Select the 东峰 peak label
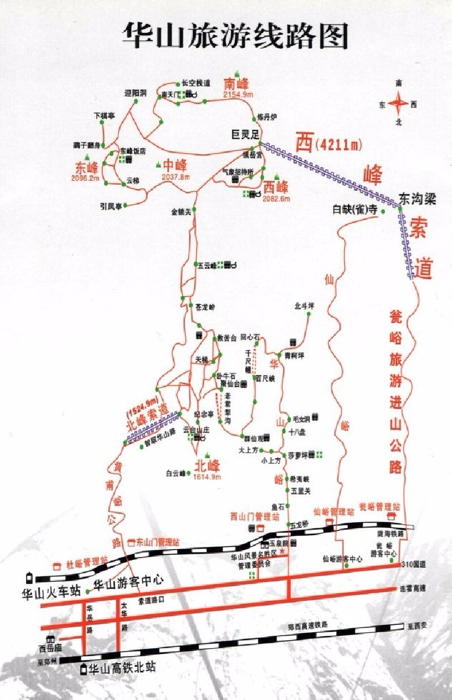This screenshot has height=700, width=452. pyautogui.click(x=86, y=168)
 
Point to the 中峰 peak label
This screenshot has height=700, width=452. pyautogui.click(x=175, y=166)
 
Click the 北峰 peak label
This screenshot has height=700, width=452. pyautogui.click(x=206, y=466)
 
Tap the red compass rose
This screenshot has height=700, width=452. pyautogui.click(x=399, y=103)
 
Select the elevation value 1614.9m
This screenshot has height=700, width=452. pyautogui.click(x=207, y=477)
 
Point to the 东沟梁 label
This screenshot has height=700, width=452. pyautogui.click(x=418, y=199)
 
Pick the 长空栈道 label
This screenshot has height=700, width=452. pyautogui.click(x=196, y=82)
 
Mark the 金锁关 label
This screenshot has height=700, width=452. pyautogui.click(x=181, y=212)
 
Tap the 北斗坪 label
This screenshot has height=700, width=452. pyautogui.click(x=304, y=306)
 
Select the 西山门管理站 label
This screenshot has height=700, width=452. pyautogui.click(x=255, y=516)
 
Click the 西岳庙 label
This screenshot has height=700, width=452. pyautogui.click(x=49, y=648)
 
